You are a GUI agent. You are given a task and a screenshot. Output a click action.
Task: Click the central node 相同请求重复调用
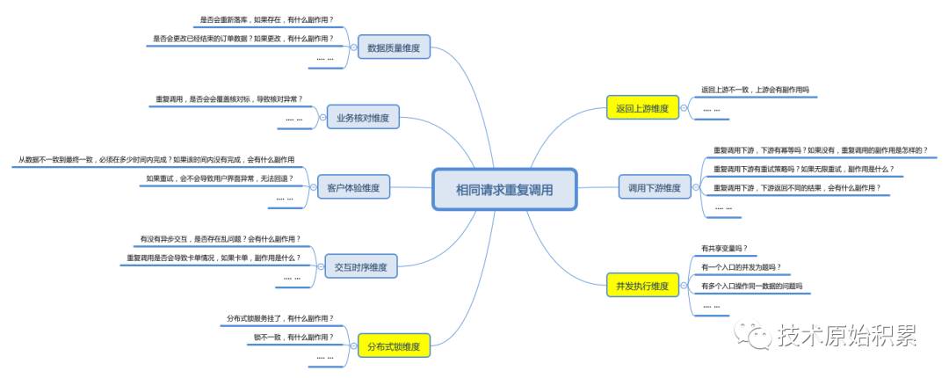coord(503,189)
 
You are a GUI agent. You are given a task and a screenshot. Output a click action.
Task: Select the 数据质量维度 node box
coord(394,47)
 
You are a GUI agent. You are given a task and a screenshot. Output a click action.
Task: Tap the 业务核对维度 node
coord(363,117)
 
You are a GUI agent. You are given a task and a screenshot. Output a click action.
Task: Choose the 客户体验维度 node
coord(352,187)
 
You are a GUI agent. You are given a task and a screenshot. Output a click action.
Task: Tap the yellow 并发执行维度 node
coord(642,286)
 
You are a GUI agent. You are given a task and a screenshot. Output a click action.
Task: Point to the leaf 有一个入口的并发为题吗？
coord(741,267)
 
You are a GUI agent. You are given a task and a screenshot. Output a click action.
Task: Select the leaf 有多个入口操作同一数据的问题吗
coord(751,287)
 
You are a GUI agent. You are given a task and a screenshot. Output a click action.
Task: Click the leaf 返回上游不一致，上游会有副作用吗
coord(754,90)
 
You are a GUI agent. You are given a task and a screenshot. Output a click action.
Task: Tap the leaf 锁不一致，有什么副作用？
coord(293,338)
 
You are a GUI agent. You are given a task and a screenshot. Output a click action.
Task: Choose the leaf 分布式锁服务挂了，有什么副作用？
coord(279,317)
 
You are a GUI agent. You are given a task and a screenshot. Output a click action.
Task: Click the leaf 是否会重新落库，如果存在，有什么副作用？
coord(266,19)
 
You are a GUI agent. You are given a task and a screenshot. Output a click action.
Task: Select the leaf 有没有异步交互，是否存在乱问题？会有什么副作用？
coord(220,238)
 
